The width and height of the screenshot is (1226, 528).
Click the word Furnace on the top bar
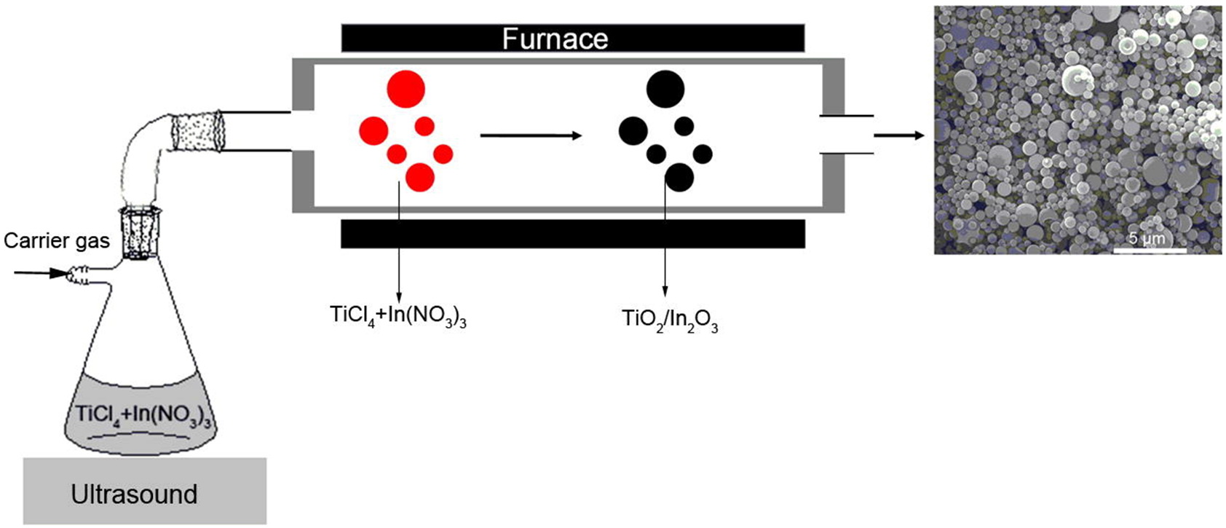pos(555,38)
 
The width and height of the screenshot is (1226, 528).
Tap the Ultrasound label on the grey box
pos(134,494)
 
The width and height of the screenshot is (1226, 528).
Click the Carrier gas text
pos(57,240)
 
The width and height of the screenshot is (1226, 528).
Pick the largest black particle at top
pos(665,88)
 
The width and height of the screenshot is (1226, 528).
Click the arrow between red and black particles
pos(531,135)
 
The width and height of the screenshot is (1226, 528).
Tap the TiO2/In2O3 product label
pos(670,320)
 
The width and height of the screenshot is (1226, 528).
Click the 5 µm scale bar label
pos(1147,239)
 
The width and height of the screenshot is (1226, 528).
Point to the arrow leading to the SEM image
pos(899,135)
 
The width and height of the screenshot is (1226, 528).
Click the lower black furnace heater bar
pos(572,234)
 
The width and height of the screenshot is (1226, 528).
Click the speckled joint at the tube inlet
pos(197,131)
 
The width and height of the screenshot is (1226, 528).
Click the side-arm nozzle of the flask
pos(79,275)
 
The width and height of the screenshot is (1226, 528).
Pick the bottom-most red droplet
pos(420,177)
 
